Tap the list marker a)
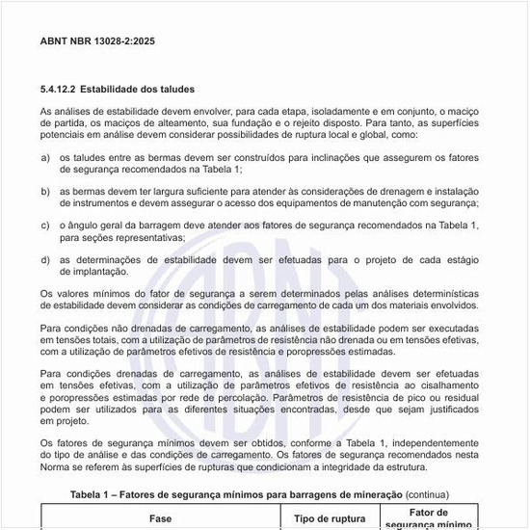pos(45,157)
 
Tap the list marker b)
pos(45,192)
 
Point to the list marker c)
pos(45,225)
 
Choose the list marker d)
pos(45,260)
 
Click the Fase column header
pos(160,518)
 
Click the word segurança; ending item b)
pos(453,203)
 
